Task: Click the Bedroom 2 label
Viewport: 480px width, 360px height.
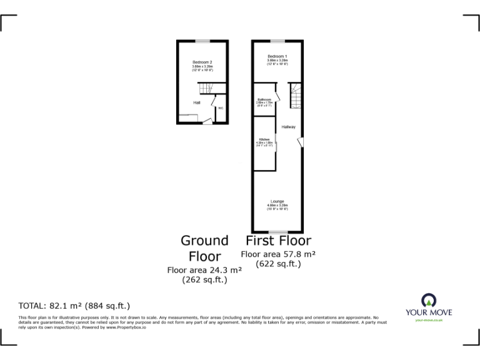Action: (202, 62)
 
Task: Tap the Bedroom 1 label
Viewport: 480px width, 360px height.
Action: (277, 57)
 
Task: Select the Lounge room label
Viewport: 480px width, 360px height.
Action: (277, 201)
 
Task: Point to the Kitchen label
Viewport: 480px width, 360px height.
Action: (264, 139)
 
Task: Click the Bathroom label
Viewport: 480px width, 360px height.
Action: (264, 99)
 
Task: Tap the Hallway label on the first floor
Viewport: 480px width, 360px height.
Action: (288, 127)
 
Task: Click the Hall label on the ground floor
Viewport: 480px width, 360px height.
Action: (196, 102)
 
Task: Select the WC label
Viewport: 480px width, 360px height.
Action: (221, 108)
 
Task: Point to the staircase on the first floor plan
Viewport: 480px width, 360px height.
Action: (294, 96)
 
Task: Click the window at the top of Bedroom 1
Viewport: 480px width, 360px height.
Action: (278, 41)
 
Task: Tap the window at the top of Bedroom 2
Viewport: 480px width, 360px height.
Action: (202, 41)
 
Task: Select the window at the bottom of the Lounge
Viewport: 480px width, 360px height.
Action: (278, 231)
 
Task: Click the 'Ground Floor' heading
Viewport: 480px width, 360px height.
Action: (204, 248)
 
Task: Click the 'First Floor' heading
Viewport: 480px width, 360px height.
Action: (278, 241)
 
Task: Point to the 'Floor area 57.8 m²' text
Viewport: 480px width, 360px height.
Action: (278, 254)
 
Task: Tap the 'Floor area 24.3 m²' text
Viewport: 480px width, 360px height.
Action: (204, 270)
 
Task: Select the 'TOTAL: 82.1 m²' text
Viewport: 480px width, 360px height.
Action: (74, 306)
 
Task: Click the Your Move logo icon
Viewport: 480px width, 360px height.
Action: (429, 299)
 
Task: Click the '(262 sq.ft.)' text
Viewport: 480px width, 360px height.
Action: (204, 280)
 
